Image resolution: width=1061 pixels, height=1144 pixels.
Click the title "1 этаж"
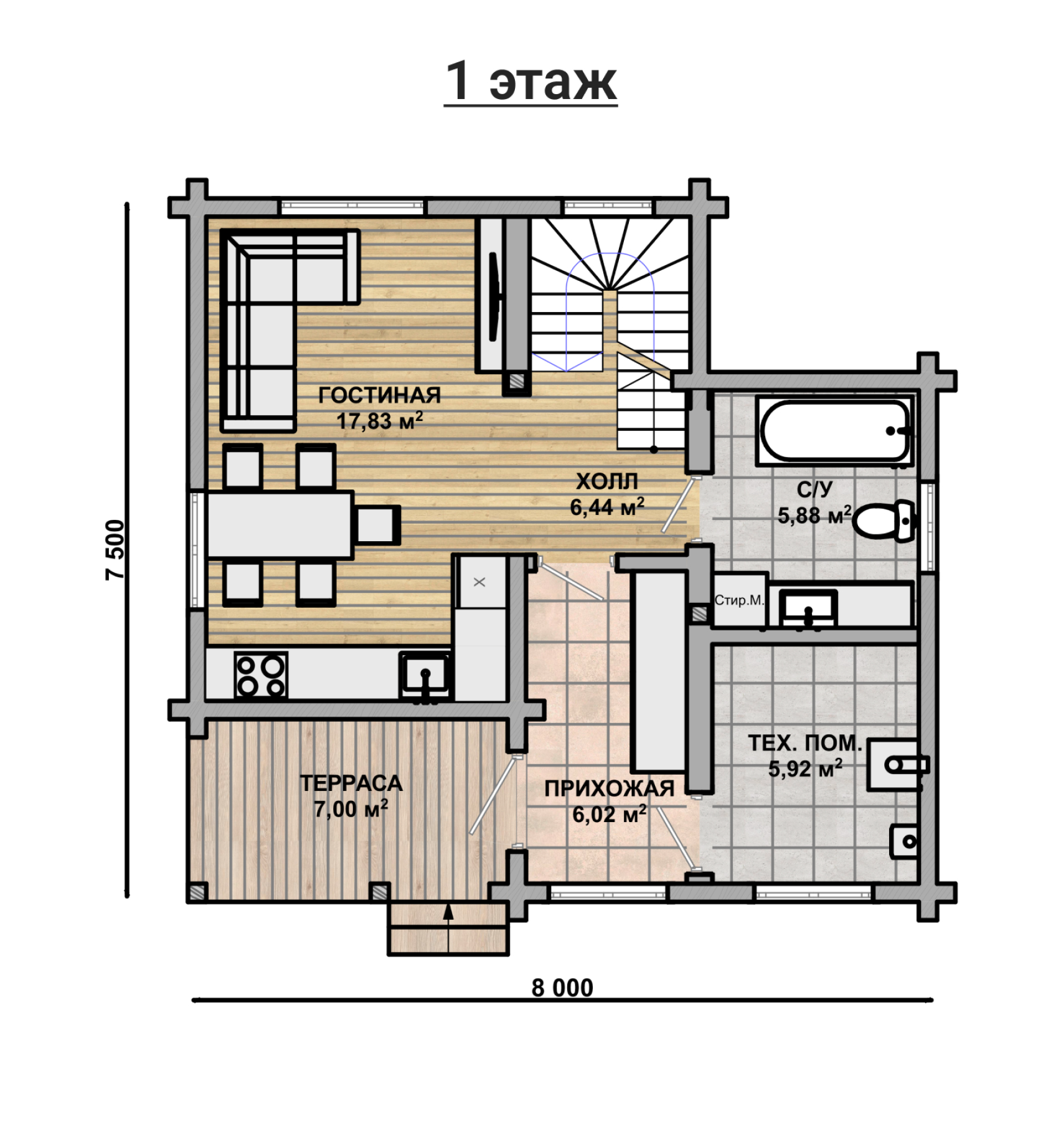[x=530, y=82]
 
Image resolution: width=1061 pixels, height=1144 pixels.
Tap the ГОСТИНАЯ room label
[x=379, y=395]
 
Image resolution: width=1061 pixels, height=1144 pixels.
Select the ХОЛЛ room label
[x=607, y=481]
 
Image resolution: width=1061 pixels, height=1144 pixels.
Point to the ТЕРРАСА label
[x=351, y=783]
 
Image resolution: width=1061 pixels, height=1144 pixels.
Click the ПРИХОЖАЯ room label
[x=610, y=788]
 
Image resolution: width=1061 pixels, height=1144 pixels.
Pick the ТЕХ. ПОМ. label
[x=804, y=743]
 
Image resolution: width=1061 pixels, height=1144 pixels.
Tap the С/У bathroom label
[x=814, y=489]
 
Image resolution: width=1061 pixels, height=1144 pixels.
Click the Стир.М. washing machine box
[x=739, y=600]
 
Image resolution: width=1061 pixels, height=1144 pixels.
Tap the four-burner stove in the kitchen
[x=261, y=675]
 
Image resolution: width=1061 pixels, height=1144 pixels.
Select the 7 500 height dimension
[x=115, y=549]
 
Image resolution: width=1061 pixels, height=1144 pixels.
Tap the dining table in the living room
[x=280, y=524]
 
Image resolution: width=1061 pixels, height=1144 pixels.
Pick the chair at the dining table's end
[x=377, y=524]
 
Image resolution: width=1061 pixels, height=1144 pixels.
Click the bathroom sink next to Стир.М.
[x=808, y=607]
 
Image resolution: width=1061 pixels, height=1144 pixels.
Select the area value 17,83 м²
[x=380, y=421]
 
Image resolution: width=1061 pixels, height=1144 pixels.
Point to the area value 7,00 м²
[x=351, y=809]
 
